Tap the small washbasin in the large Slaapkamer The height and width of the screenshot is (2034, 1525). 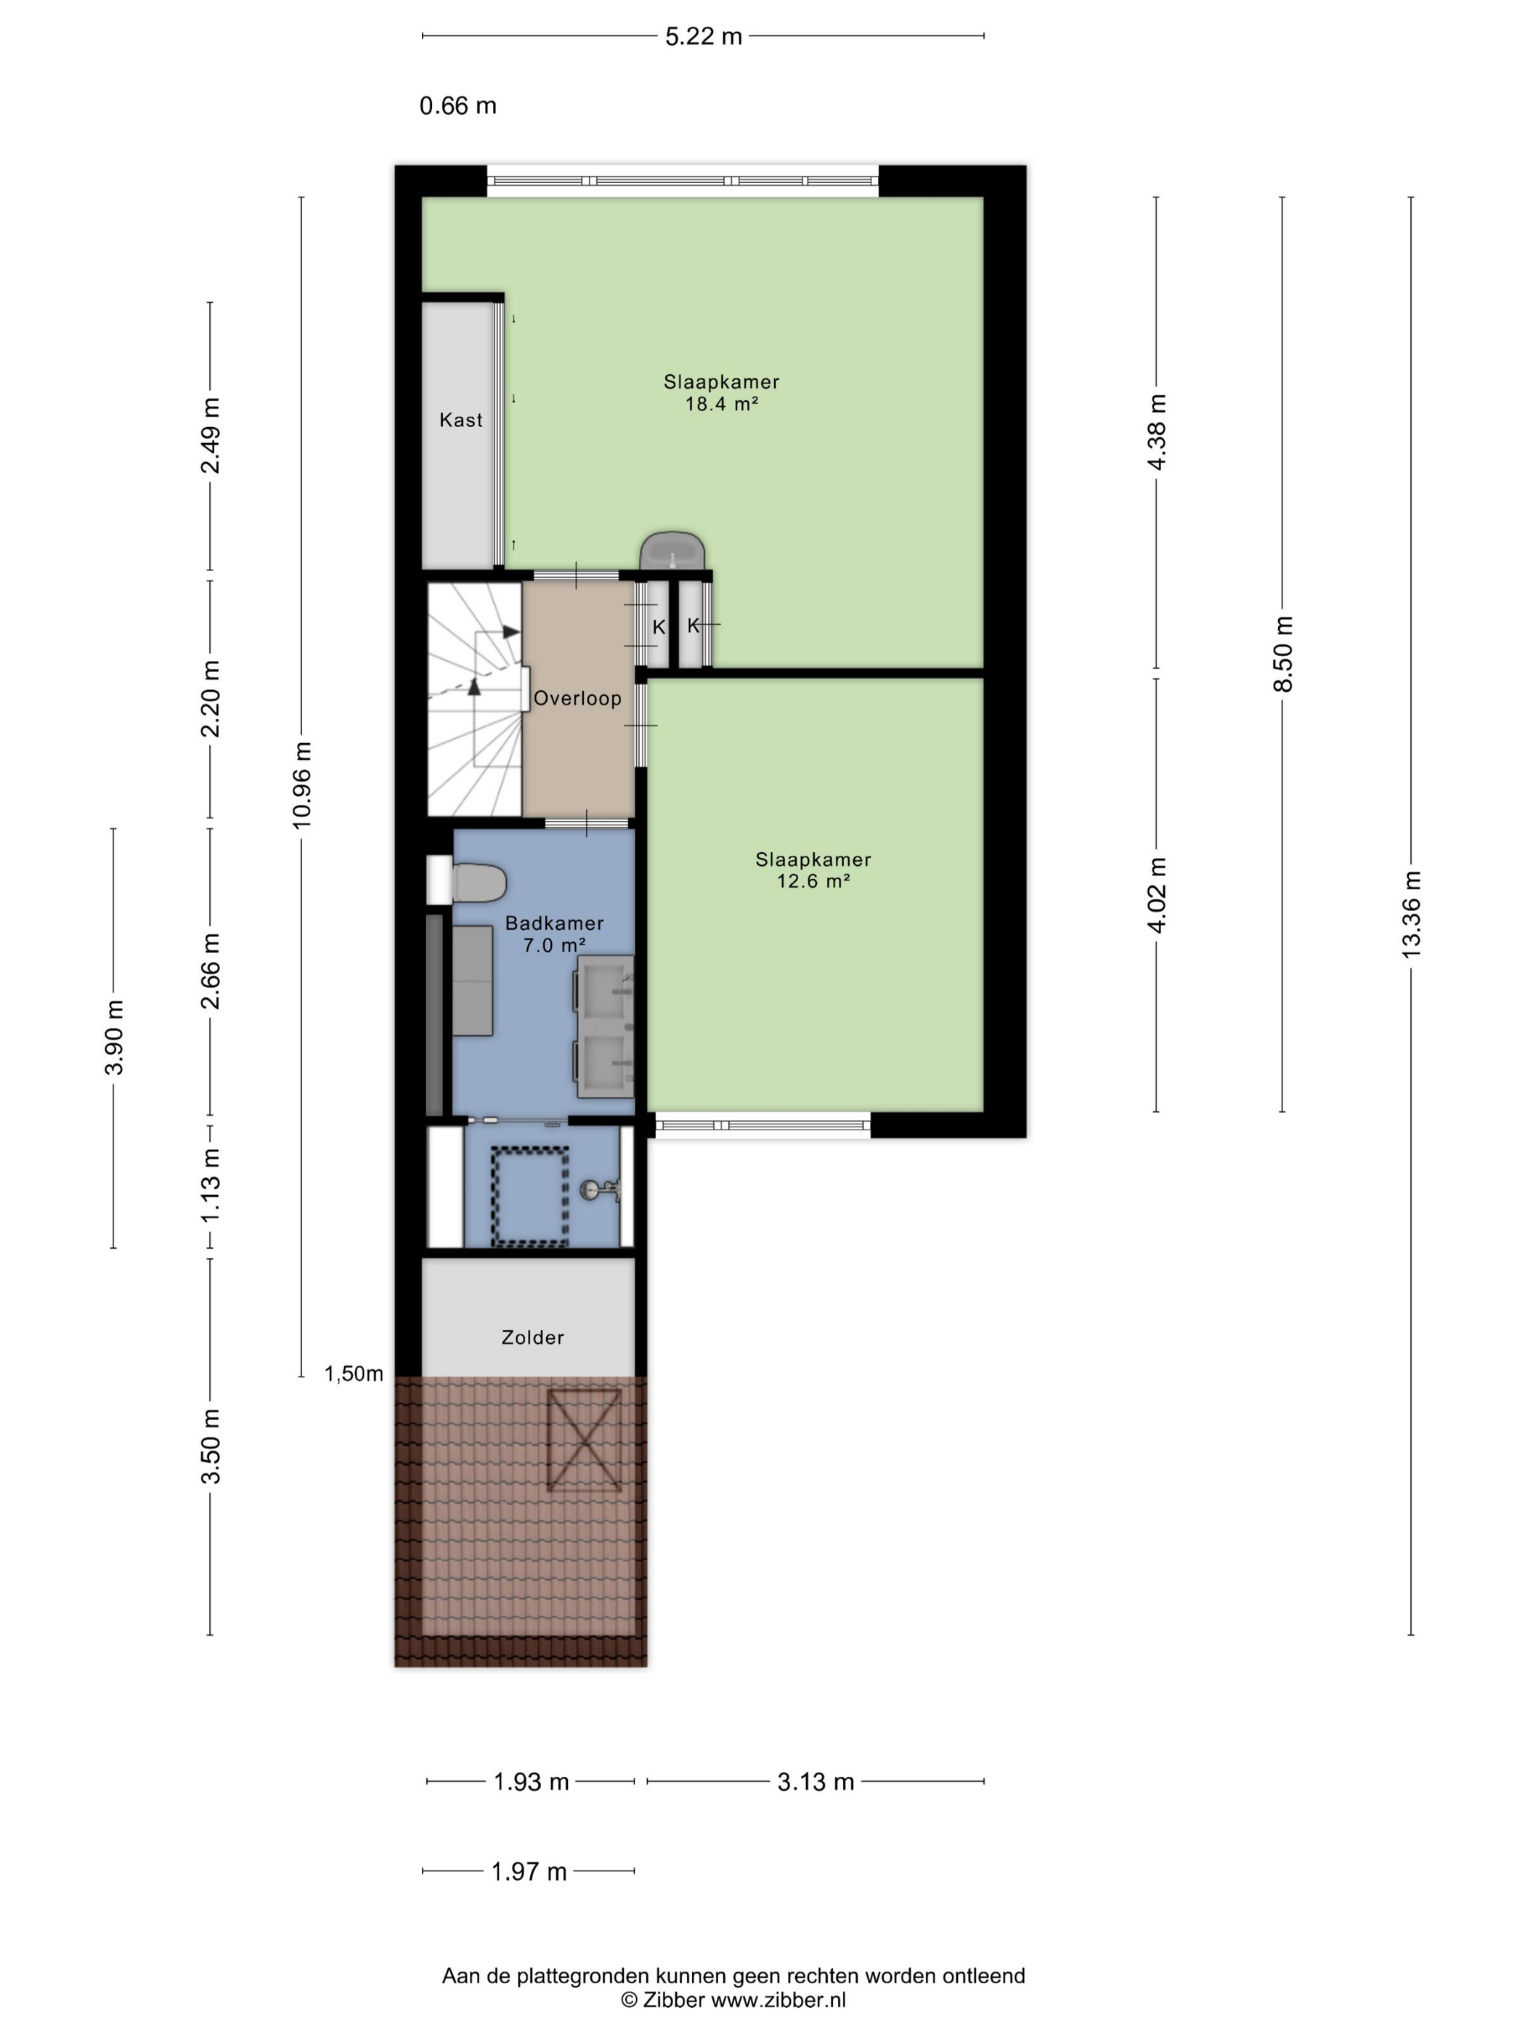pos(673,551)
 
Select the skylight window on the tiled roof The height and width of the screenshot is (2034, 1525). pos(584,1439)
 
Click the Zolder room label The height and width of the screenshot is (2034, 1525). pos(532,1337)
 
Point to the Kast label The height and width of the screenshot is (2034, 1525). pos(460,420)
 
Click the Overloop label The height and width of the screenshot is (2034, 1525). pos(577,698)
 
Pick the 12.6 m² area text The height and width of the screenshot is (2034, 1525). pos(813,881)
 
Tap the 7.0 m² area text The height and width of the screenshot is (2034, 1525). pos(554,944)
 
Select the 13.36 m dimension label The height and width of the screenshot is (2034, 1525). pos(1411,915)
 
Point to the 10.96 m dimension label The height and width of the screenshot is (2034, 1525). pos(301,785)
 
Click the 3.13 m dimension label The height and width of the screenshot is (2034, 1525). pos(816,1781)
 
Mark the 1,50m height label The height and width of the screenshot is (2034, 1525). pos(354,1374)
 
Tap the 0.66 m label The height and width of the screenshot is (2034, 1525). pos(457,106)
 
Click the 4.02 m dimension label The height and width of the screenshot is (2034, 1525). pos(1158,895)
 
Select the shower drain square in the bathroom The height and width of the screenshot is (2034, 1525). pos(530,1196)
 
